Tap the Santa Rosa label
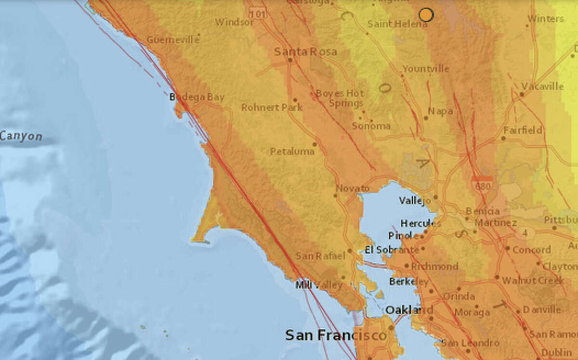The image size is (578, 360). (x=305, y=51)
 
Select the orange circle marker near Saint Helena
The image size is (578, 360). (x=426, y=15)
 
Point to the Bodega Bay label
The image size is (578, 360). (x=197, y=97)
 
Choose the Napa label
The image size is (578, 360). (x=442, y=111)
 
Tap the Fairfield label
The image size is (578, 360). (x=523, y=130)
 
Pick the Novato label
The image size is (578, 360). (x=352, y=188)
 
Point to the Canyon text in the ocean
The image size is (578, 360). (x=21, y=136)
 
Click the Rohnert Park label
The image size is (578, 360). (x=272, y=107)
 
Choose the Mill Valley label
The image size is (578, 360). (x=318, y=285)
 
